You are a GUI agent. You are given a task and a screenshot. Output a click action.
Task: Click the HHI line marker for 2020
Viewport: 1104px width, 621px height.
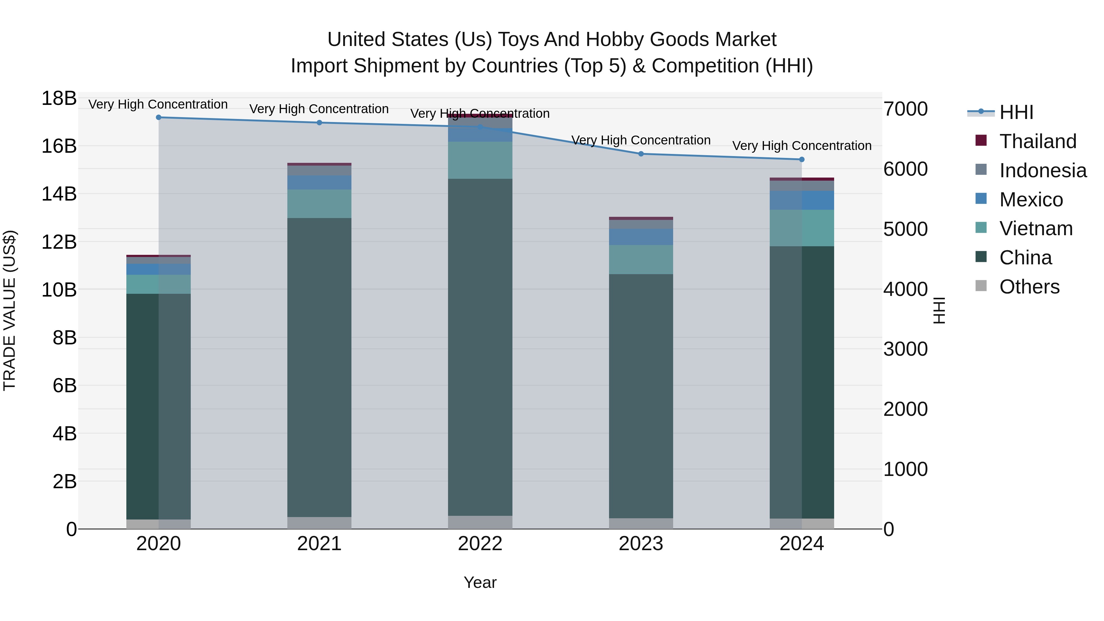[x=159, y=117]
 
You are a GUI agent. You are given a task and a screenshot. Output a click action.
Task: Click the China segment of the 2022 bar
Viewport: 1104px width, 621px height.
[x=480, y=347]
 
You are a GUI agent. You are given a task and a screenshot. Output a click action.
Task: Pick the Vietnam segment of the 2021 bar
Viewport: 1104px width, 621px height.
[x=319, y=204]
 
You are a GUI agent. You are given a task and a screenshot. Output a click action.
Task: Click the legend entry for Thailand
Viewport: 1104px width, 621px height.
[x=1037, y=141]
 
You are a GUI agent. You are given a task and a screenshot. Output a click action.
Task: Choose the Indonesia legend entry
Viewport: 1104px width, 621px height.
[x=1043, y=171]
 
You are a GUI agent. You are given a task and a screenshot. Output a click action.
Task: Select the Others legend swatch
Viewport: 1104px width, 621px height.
[x=981, y=286]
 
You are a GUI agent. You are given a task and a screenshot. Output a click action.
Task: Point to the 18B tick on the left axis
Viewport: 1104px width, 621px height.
[x=59, y=98]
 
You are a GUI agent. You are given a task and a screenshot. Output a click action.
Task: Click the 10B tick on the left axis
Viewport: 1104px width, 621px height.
[x=59, y=290]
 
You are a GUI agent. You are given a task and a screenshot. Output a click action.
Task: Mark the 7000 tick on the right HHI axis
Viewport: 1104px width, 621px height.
[x=906, y=109]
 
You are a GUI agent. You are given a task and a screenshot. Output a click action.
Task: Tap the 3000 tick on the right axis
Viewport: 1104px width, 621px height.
[x=906, y=349]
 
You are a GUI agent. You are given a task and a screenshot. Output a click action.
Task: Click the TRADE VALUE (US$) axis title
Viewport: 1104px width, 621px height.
[x=10, y=310]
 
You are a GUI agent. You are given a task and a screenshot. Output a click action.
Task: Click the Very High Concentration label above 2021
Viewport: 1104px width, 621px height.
[x=319, y=109]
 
